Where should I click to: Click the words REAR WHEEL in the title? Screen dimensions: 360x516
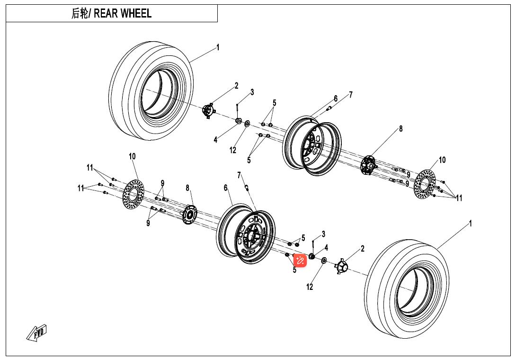click(x=123, y=13)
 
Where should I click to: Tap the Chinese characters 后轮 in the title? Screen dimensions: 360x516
click(x=80, y=13)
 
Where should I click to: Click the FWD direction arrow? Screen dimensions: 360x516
click(x=37, y=333)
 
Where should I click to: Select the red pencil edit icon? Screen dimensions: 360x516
click(x=300, y=260)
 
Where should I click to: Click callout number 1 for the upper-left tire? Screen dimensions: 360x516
click(x=218, y=47)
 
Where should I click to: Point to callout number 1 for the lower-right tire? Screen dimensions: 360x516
click(x=470, y=223)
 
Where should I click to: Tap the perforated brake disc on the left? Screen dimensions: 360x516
click(x=133, y=194)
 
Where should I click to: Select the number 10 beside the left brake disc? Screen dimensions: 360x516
click(x=132, y=156)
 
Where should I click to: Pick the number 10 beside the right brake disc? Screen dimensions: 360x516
click(x=442, y=160)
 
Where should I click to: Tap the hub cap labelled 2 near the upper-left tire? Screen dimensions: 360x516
click(x=208, y=111)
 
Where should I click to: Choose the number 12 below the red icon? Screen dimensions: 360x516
click(x=310, y=287)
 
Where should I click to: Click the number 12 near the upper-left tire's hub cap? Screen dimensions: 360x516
click(x=233, y=150)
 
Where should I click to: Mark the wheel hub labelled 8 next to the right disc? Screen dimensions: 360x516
click(x=368, y=165)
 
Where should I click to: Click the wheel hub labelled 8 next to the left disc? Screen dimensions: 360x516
click(x=190, y=213)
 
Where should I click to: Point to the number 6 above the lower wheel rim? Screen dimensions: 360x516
click(x=226, y=188)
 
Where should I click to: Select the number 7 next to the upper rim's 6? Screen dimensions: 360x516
click(x=351, y=95)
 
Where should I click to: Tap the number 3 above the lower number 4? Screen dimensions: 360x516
click(x=323, y=234)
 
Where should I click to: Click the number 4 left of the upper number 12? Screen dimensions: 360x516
click(x=215, y=140)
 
